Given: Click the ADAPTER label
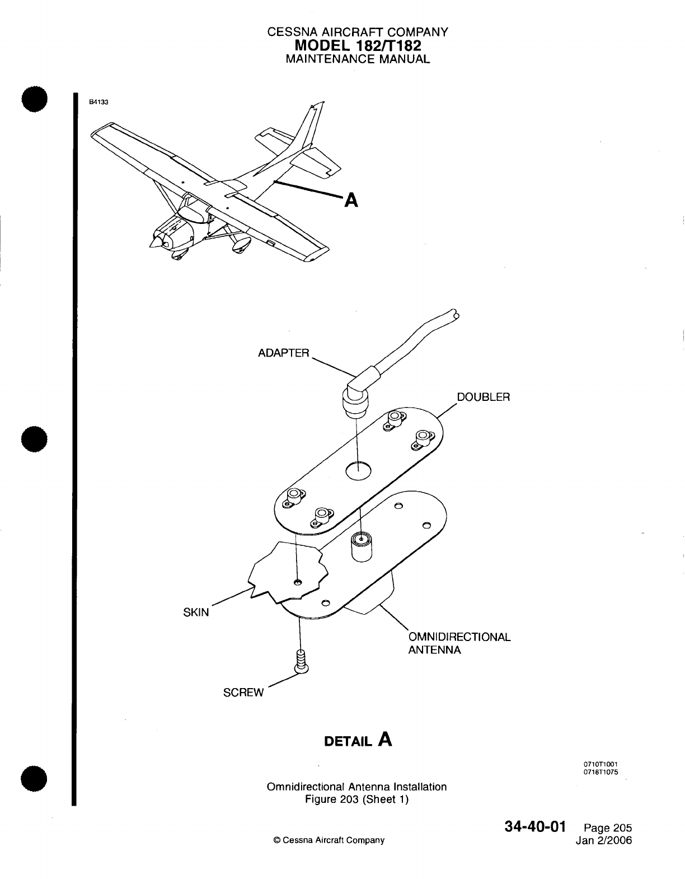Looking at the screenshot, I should pos(283,353).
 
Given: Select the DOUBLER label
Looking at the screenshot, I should pos(484,397).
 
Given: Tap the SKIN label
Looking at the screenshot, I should pos(196,612).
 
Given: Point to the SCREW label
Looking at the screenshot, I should pos(243,693).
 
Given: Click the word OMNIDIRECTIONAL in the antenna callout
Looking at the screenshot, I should pos(459,637).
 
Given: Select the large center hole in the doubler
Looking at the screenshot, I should pos(358,471).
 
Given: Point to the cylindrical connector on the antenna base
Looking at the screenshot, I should pos(362,546).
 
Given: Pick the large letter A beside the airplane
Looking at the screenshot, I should pos(350,199).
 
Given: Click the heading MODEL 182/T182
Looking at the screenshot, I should pos(358,45).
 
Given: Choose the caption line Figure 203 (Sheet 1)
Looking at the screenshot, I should pos(357,799).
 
